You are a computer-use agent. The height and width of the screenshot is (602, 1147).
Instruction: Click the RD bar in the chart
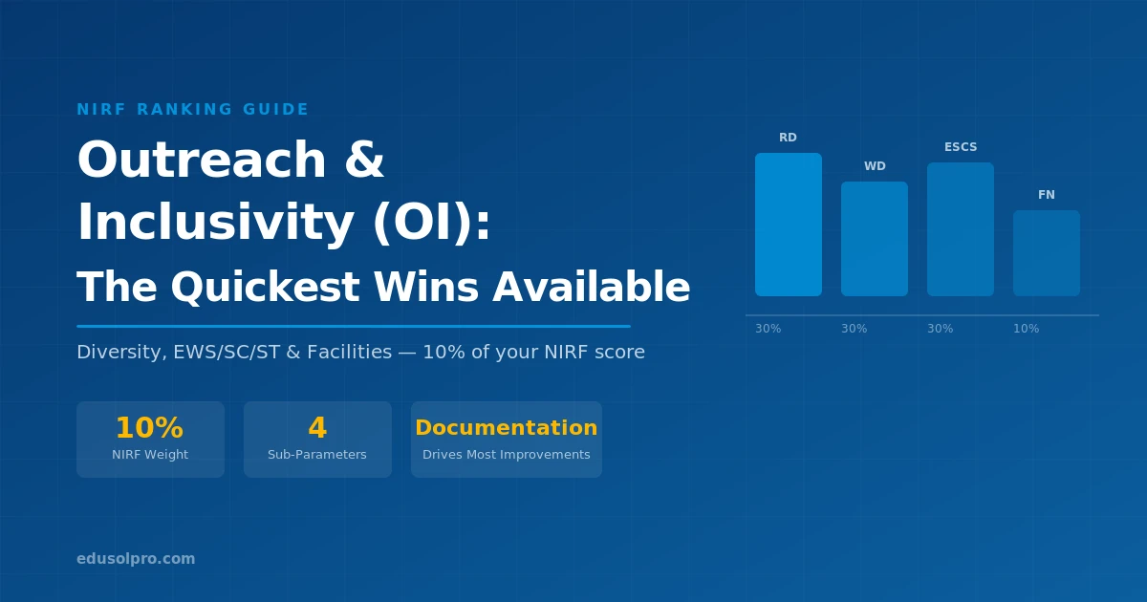[788, 225]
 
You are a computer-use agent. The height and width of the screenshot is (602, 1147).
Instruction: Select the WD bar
[874, 239]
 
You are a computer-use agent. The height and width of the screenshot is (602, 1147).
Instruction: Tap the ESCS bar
[960, 229]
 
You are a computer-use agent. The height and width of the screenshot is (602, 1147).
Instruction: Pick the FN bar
[1046, 253]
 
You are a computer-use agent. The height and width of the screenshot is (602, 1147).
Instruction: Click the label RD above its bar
[788, 138]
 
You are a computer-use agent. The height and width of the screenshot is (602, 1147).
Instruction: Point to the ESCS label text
[961, 147]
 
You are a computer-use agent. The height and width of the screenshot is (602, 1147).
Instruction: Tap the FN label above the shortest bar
[1047, 195]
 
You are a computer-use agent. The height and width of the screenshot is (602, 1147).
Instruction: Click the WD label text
[875, 166]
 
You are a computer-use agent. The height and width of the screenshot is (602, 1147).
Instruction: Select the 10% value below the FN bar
[1026, 329]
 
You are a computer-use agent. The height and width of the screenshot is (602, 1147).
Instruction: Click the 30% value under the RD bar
[768, 329]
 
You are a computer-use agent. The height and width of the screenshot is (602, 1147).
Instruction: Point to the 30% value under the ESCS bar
[940, 329]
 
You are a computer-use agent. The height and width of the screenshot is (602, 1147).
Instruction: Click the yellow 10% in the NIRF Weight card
[149, 428]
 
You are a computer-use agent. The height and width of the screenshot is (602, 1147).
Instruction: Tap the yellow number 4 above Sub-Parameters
[317, 428]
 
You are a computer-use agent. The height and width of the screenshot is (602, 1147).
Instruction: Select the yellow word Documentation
[506, 428]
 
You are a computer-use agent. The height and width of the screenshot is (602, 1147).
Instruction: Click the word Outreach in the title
[202, 161]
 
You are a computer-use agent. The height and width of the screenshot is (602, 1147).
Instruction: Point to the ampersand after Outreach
[363, 161]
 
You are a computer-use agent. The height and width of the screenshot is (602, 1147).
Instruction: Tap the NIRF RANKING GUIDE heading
[192, 110]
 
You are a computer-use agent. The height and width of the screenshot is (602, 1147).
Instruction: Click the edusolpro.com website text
[136, 559]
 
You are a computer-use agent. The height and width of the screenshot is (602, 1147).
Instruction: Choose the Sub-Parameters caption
[317, 455]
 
